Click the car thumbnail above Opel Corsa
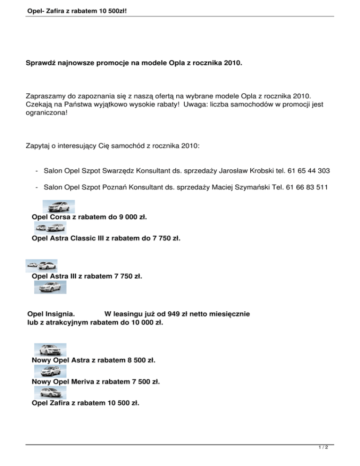coord(59,207)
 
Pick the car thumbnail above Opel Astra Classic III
coord(51,228)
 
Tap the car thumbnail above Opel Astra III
coord(42,266)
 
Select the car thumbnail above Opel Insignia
coord(51,287)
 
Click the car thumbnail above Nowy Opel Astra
coord(51,350)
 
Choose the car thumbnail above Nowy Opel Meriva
coord(51,371)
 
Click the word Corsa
coord(59,217)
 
